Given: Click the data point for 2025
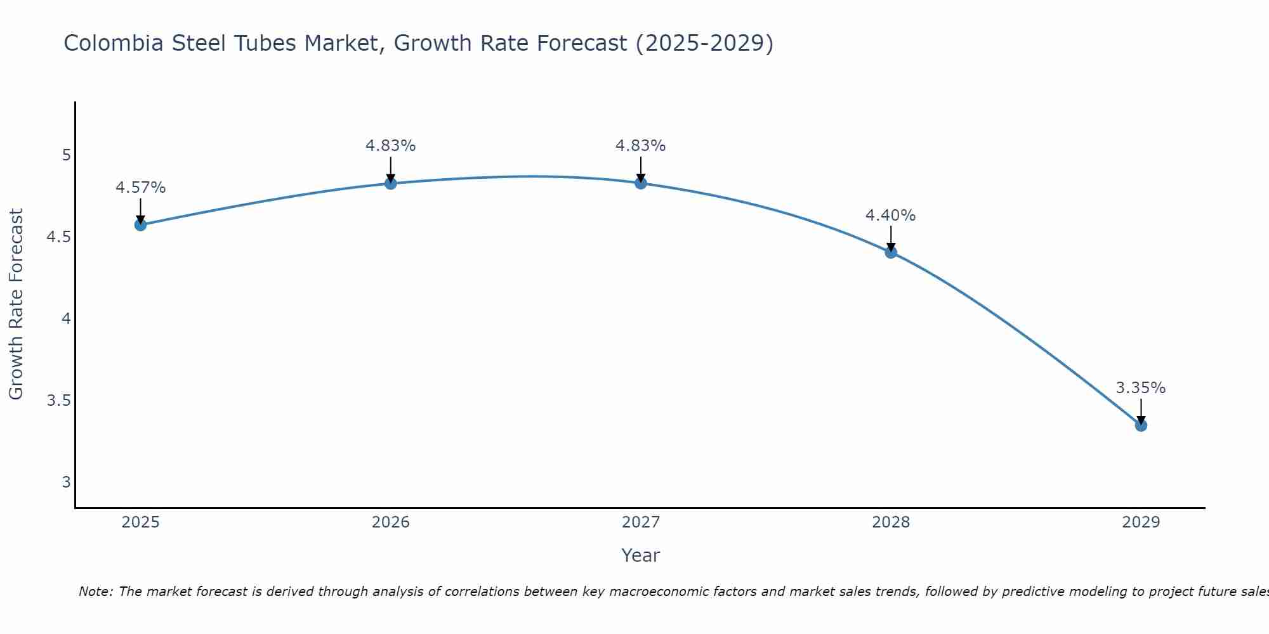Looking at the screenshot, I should (x=140, y=224).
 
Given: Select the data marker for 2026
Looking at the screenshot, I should (x=391, y=183).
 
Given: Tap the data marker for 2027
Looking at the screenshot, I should (x=641, y=183).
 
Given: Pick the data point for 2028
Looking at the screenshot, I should (x=891, y=252).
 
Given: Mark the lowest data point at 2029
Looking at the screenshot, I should (x=1141, y=425).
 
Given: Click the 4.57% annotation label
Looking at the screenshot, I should (x=140, y=188).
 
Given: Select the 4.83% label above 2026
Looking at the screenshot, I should (x=391, y=146).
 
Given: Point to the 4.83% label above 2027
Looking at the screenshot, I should (x=641, y=146).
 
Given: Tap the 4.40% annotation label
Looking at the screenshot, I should (x=891, y=216).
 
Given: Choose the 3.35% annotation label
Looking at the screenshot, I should (x=1141, y=388).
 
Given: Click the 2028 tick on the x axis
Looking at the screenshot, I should (x=891, y=522).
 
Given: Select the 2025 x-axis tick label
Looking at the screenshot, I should (x=140, y=522).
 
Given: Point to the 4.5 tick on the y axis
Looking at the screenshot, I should (x=58, y=237).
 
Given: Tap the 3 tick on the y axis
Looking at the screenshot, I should (x=66, y=482).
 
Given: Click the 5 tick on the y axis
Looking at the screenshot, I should (x=66, y=155).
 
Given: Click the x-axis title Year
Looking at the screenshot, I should (x=641, y=555).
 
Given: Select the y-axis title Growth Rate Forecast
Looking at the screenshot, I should (x=16, y=304).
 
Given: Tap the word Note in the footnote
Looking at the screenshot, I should (x=95, y=592).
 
